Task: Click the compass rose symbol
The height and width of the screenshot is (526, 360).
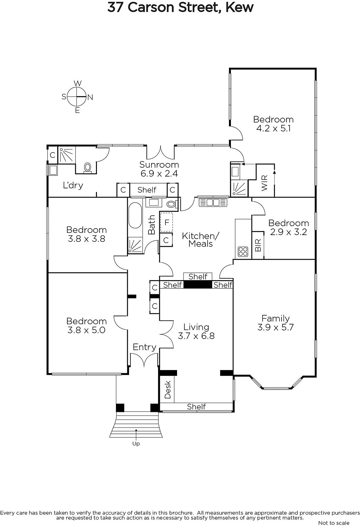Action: (x=77, y=97)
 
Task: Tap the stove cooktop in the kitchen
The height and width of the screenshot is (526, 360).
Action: (x=243, y=251)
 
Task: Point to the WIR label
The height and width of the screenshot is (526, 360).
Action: (x=264, y=183)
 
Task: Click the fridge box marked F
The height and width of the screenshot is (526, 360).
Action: (x=167, y=222)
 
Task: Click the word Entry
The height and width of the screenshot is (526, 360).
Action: (x=144, y=347)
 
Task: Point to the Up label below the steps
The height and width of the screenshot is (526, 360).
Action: (x=136, y=443)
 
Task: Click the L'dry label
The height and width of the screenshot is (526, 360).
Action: (x=73, y=185)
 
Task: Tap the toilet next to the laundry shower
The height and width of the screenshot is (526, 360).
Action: (x=87, y=168)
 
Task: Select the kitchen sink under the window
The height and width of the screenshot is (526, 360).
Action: (x=213, y=203)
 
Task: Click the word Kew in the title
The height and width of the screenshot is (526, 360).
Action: (x=239, y=7)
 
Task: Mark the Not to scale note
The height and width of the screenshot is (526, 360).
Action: (x=334, y=523)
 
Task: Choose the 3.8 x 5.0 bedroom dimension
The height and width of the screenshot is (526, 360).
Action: (x=87, y=330)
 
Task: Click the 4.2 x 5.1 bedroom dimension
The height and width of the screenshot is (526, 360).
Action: (x=273, y=129)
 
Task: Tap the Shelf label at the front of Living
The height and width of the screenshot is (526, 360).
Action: (x=196, y=407)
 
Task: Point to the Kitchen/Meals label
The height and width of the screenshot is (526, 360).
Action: (x=201, y=240)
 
